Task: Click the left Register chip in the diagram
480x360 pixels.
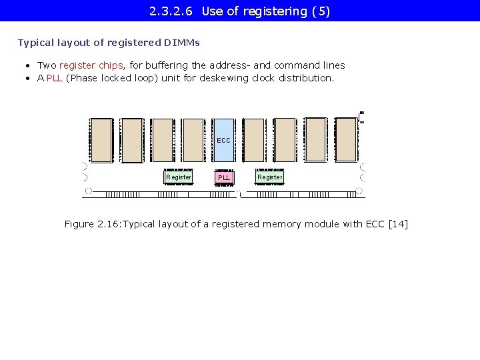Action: pos(179,177)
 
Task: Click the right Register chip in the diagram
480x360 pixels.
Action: pos(270,177)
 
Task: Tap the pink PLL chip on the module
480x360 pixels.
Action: pos(224,177)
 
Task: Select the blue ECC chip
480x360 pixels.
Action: pos(224,140)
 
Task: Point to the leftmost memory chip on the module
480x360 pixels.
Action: pos(101,140)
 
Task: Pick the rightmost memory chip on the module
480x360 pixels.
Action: pos(346,140)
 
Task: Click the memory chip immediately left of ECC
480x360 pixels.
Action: pos(193,140)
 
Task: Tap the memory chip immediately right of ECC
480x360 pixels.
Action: pos(254,140)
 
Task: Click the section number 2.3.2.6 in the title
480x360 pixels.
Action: pos(171,11)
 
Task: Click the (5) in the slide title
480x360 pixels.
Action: pos(321,11)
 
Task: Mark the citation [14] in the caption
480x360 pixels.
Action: pos(398,224)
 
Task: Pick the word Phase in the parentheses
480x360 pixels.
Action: pos(84,78)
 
